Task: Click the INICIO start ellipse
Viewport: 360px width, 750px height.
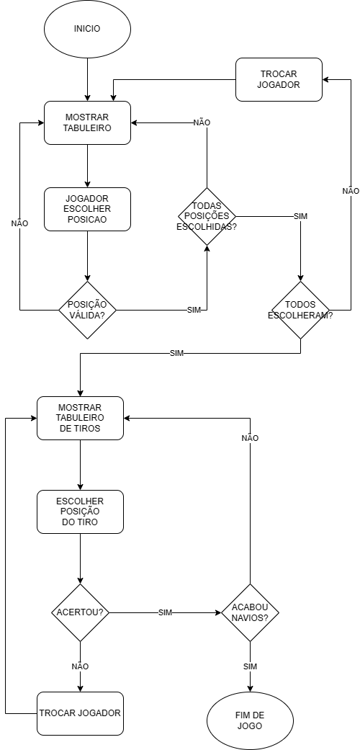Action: click(x=87, y=30)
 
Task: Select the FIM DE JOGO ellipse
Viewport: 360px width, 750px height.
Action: click(x=250, y=720)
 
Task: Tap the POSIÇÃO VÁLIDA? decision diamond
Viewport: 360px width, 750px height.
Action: click(x=87, y=310)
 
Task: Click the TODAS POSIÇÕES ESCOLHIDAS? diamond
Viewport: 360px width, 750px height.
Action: click(x=207, y=216)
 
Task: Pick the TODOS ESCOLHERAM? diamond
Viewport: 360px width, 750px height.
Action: click(x=300, y=310)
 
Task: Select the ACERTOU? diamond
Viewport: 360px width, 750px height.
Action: click(x=80, y=612)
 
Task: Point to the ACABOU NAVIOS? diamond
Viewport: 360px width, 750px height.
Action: click(x=250, y=612)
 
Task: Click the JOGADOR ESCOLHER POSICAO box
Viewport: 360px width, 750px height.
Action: click(x=87, y=209)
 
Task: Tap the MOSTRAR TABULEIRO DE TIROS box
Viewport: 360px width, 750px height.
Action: click(x=80, y=418)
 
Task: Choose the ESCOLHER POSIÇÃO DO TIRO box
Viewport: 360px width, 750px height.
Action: click(x=80, y=512)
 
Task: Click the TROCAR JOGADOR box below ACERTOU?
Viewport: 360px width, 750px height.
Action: click(x=80, y=713)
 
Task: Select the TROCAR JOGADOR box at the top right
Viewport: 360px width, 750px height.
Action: click(x=279, y=79)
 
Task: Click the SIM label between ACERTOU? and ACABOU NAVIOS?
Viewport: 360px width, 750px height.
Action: click(x=165, y=612)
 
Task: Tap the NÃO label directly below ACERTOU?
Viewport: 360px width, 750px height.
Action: click(x=80, y=666)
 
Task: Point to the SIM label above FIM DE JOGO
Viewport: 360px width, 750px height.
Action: click(x=250, y=666)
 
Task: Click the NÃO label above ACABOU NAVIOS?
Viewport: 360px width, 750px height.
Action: click(x=250, y=438)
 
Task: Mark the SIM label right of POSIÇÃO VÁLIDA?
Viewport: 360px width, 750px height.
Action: click(x=194, y=310)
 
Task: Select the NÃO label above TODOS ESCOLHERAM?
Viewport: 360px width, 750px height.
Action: click(x=351, y=191)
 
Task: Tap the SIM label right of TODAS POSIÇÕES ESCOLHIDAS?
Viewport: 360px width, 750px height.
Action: click(x=301, y=216)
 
